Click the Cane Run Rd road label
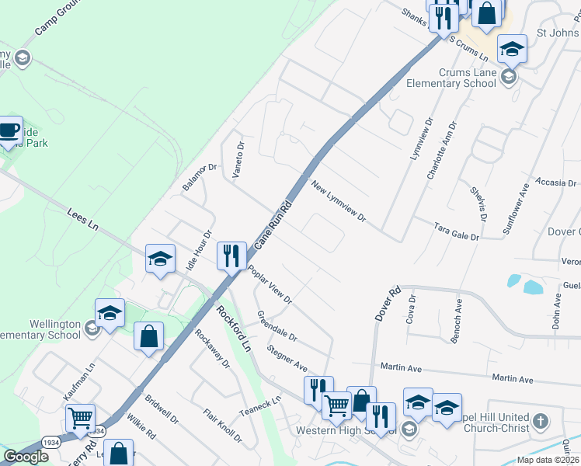[x=273, y=224]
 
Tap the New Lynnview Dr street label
[x=338, y=202]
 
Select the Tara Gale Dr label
[x=456, y=231]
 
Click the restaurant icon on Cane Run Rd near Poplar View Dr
[x=231, y=256]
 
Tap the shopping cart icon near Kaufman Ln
[x=80, y=418]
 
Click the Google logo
[x=26, y=457]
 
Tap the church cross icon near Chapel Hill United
[x=541, y=422]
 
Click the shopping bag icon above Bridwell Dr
[x=148, y=337]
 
